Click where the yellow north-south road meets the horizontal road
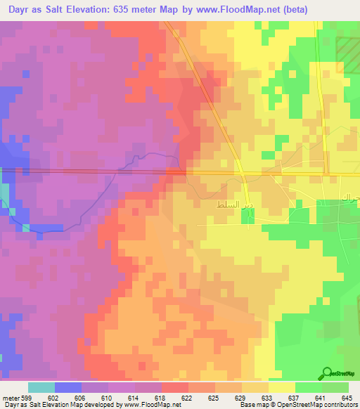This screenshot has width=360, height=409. tap(324, 174)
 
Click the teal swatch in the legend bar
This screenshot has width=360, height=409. tap(41, 387)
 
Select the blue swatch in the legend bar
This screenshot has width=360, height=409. tap(68, 387)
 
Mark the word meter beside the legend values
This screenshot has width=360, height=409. tap(11, 397)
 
